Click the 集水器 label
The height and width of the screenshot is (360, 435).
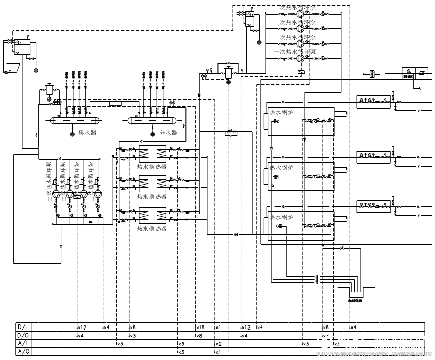(x=87, y=133)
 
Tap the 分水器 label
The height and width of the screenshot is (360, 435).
(x=168, y=133)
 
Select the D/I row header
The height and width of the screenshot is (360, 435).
(x=22, y=328)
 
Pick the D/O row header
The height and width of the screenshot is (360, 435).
(x=22, y=336)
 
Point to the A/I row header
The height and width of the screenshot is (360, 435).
(x=22, y=344)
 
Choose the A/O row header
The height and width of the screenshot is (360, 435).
(x=22, y=352)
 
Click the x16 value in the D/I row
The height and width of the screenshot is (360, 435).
(x=200, y=328)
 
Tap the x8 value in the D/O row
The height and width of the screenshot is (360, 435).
(x=199, y=336)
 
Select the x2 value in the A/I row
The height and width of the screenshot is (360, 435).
(x=219, y=344)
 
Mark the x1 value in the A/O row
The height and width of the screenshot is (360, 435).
(x=218, y=352)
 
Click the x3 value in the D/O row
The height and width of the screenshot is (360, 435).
(x=132, y=336)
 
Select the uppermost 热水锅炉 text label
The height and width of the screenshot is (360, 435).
(x=282, y=112)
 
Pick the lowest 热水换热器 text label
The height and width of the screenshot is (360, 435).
(x=151, y=228)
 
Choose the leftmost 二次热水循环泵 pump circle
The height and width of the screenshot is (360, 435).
(x=56, y=194)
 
